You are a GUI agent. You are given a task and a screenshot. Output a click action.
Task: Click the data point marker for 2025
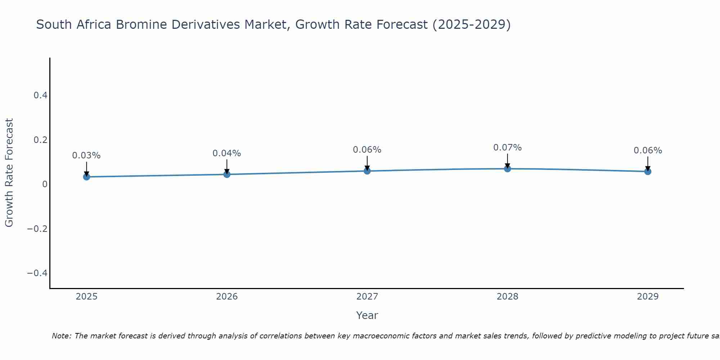(86, 177)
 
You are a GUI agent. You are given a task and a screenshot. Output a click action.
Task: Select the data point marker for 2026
(227, 174)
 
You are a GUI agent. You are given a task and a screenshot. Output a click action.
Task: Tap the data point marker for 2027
(367, 171)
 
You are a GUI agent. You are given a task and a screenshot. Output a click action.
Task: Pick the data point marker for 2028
(508, 168)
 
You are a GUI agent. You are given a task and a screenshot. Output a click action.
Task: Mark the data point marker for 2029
(648, 171)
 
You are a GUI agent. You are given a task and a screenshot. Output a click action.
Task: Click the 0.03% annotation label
(86, 156)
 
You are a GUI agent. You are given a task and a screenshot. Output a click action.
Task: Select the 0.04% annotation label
(227, 153)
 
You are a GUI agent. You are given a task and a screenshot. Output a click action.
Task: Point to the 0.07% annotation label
(508, 148)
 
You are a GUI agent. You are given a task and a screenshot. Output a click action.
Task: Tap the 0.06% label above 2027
(367, 150)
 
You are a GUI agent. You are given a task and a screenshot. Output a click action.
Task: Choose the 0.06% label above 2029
(648, 150)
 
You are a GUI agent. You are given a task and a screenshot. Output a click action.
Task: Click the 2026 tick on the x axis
(227, 297)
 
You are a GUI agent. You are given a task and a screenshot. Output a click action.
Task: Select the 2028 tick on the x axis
(508, 297)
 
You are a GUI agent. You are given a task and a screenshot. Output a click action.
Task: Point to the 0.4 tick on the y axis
(40, 95)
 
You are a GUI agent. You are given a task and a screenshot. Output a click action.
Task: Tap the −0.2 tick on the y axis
(37, 229)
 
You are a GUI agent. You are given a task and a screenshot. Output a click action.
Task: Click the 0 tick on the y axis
(45, 184)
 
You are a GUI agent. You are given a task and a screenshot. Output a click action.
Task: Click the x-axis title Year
(367, 315)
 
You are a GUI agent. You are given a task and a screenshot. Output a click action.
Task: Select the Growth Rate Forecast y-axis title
(9, 173)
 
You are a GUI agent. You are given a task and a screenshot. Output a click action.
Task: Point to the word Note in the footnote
(61, 336)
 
